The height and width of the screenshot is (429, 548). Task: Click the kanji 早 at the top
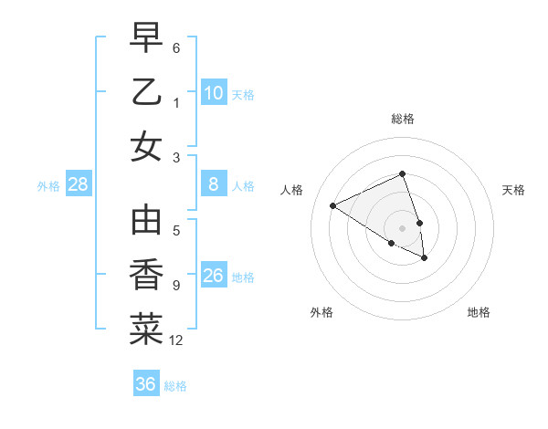[x=146, y=39]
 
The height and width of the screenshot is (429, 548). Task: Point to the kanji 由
[x=146, y=221]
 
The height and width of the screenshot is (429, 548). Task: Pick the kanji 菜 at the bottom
[x=146, y=329]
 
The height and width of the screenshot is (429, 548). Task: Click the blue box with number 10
[x=214, y=92]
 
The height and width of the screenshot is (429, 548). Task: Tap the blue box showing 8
[x=214, y=184]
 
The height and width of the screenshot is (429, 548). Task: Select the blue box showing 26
[x=214, y=276]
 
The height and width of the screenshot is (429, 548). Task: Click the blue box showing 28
[x=79, y=185]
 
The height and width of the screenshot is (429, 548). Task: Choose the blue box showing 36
[x=146, y=384]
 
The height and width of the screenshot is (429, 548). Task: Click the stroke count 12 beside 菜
[x=176, y=341]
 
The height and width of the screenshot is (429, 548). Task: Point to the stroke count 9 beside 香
[x=176, y=286]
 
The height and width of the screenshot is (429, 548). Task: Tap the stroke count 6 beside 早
[x=176, y=47]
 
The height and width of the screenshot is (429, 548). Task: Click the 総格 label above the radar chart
[x=403, y=119]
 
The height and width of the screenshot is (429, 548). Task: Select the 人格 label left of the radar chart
[x=292, y=190]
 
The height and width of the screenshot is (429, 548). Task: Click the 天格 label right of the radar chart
[x=514, y=190]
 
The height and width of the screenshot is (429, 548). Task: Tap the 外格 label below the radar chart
[x=321, y=312]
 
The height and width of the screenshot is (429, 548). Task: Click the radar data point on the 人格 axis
[x=333, y=206]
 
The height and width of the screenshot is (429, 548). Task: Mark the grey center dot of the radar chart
[x=403, y=227]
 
